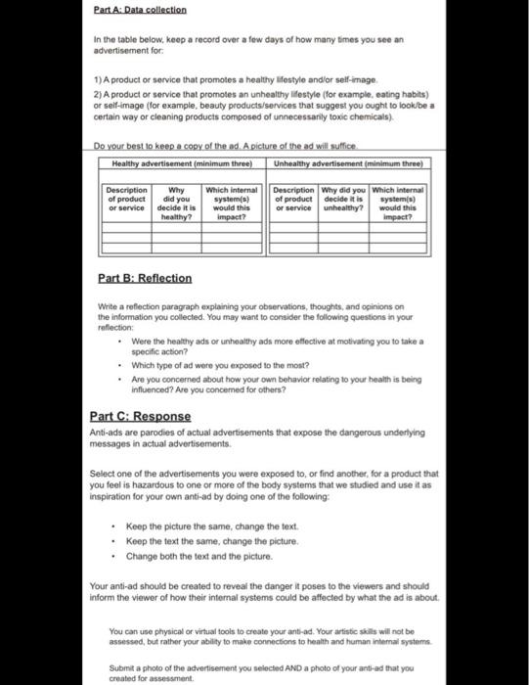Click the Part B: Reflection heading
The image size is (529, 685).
click(x=146, y=279)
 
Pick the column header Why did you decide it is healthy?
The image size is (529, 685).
click(x=177, y=203)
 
